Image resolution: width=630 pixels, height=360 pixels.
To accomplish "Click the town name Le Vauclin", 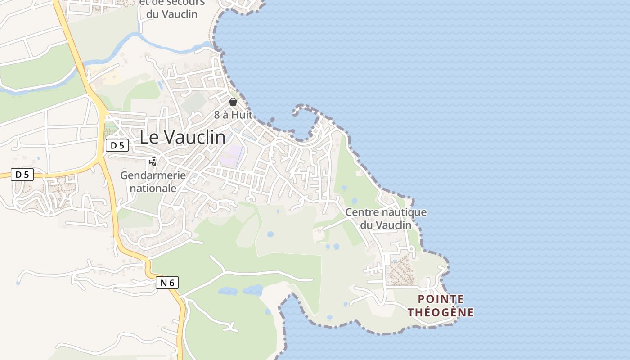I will pos(182,137).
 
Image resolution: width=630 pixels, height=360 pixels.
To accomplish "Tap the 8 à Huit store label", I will pos(233,115).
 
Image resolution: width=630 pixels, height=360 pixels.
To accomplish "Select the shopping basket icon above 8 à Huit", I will pos(233,102).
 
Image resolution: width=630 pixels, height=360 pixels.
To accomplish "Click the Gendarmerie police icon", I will pos(153,162).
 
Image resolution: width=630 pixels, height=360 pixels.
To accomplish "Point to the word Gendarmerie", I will pos(153,175).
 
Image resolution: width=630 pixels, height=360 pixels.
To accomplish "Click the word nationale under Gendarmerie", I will pos(153,188).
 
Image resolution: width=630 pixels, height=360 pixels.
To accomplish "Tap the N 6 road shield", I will pos(167,283).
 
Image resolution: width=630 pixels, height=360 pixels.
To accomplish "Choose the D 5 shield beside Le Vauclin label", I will pos(117,145).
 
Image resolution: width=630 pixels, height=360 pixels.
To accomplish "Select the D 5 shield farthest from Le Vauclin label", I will pos(22,175).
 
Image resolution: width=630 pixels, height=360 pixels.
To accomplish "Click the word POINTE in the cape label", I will pos(441,299).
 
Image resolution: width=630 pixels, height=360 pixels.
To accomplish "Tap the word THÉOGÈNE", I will pos(441,312).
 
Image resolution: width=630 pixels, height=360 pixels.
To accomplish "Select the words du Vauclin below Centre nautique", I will pos(386,225).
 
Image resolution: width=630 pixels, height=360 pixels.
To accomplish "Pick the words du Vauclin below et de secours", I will pos(171,14).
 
